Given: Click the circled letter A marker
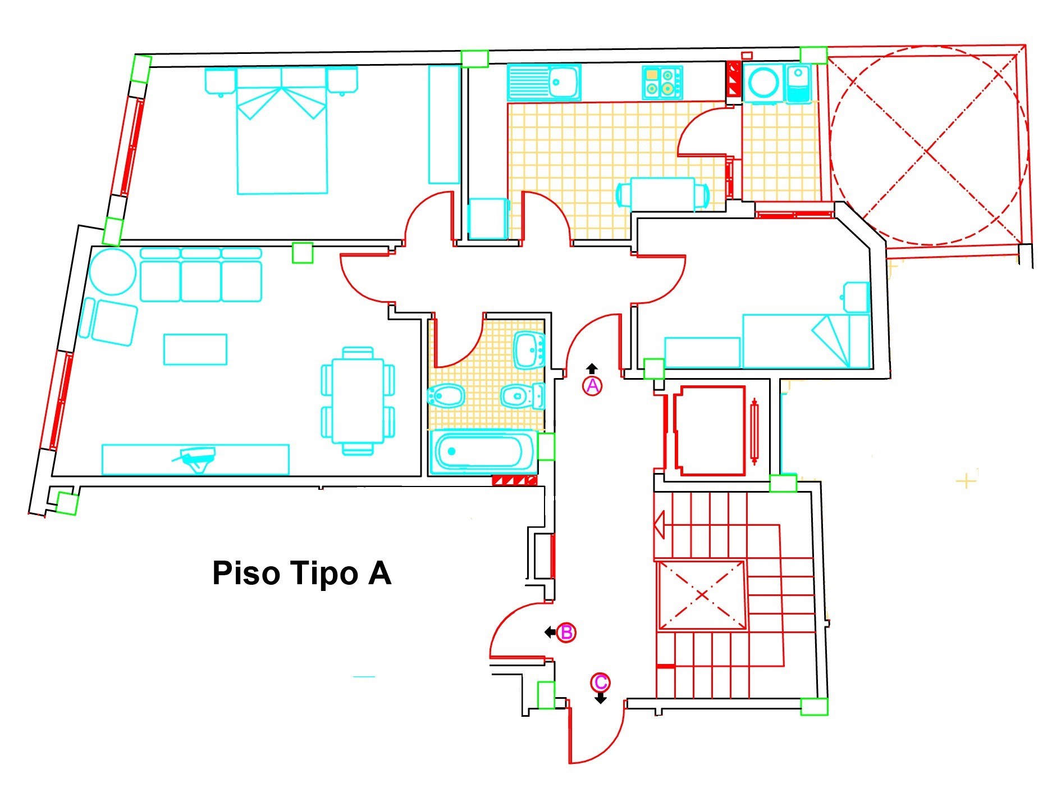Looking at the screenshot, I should click(593, 386).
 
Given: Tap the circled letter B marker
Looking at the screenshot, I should click(566, 633).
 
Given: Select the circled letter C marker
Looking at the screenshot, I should click(600, 683).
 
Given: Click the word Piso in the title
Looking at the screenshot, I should click(246, 574).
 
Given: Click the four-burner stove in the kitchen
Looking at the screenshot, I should click(662, 83).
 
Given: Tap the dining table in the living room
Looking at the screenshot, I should click(358, 401).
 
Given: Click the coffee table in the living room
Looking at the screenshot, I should click(195, 349).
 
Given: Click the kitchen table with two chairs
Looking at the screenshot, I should click(662, 194).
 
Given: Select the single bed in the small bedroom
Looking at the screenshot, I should click(806, 341).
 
